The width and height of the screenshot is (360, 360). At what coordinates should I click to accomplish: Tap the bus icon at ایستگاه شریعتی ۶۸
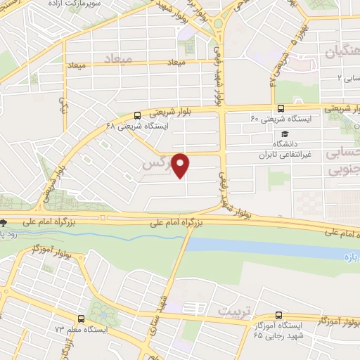(x=137, y=115)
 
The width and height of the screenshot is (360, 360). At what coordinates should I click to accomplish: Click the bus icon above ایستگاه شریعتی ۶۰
(x=281, y=108)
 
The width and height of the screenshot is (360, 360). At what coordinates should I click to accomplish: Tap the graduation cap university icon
(x=284, y=134)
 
